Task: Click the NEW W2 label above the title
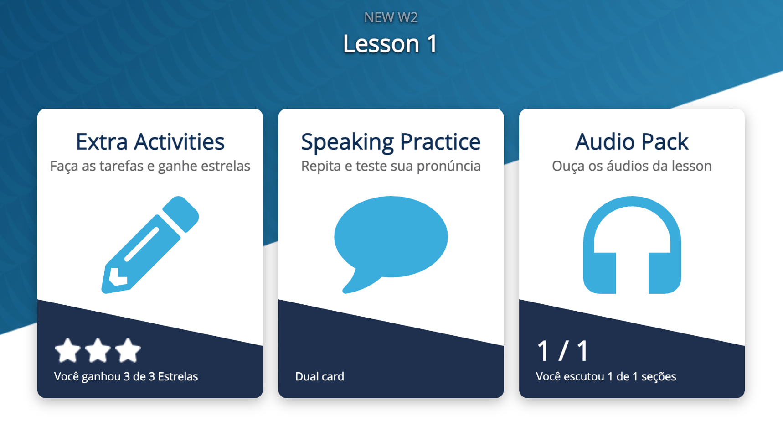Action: pos(391,17)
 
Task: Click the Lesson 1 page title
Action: pos(391,44)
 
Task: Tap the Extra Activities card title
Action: pos(150,141)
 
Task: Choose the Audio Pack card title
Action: pos(632,141)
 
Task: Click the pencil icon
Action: pos(150,245)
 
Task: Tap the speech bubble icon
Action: pos(391,244)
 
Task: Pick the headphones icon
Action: pos(632,245)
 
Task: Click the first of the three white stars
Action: pos(67,351)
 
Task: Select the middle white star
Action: pos(98,351)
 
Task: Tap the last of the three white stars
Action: pos(128,351)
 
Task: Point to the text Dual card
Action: pos(319,376)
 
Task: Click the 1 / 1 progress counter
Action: pos(563,350)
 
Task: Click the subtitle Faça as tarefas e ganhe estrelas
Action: pos(150,166)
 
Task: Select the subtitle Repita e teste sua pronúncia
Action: pos(391,166)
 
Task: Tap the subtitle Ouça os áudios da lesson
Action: pos(632,166)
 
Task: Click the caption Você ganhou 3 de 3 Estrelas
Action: pos(126,376)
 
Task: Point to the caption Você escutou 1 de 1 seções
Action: pos(606,376)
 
